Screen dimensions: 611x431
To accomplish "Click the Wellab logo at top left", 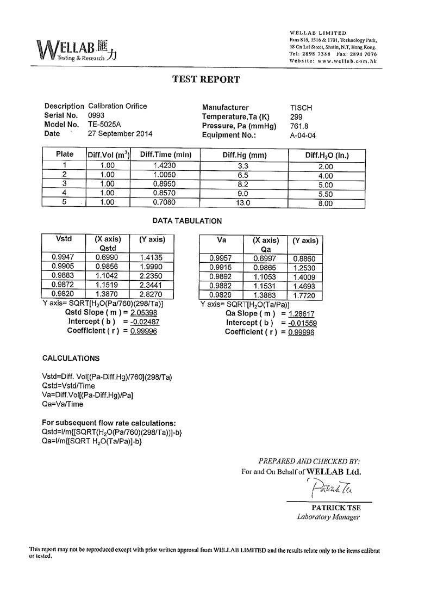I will (76, 50).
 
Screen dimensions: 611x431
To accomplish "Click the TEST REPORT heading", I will (206, 79).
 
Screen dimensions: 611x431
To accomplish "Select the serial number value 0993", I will (96, 115).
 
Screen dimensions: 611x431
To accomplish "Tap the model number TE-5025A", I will (105, 124).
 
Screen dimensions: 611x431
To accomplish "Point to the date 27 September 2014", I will (120, 133).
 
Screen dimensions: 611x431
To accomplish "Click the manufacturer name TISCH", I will (301, 108).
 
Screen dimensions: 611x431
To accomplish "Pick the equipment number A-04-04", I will (303, 135).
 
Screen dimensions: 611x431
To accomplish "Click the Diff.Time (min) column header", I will (165, 155).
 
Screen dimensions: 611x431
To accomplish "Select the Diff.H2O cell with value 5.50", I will (326, 194).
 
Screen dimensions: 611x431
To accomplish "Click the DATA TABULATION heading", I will (187, 221).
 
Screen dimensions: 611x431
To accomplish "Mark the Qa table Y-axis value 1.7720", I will (304, 295).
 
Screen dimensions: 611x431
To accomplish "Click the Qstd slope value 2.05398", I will (143, 313).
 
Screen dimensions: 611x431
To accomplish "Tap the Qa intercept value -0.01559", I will (303, 323).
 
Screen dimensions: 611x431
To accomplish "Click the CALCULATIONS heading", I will (71, 359).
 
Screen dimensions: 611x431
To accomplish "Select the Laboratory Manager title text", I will (328, 517).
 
